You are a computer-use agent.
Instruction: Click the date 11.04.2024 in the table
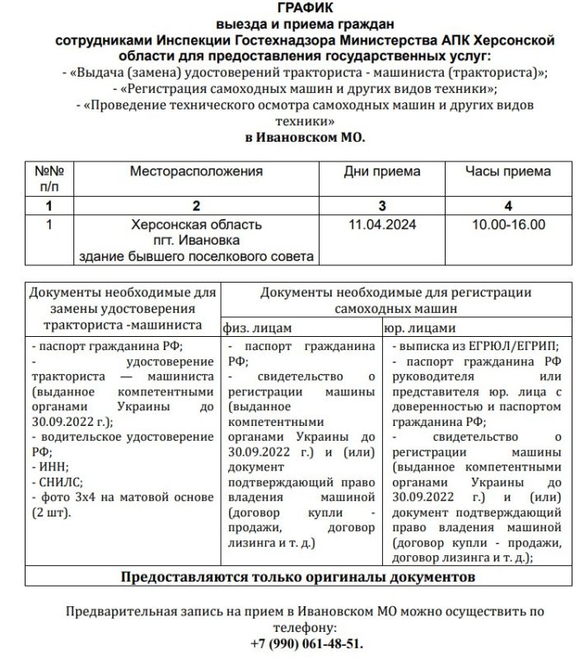pyautogui.click(x=381, y=223)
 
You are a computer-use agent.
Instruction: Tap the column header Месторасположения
pyautogui.click(x=196, y=171)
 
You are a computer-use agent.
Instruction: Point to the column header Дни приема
pyautogui.click(x=381, y=171)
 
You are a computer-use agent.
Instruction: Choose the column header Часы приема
pyautogui.click(x=507, y=171)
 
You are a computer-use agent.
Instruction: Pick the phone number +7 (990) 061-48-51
pyautogui.click(x=306, y=643)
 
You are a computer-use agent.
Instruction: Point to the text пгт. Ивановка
pyautogui.click(x=196, y=240)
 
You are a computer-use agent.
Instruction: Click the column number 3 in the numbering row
pyautogui.click(x=381, y=204)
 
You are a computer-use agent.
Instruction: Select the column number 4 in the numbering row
pyautogui.click(x=507, y=204)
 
